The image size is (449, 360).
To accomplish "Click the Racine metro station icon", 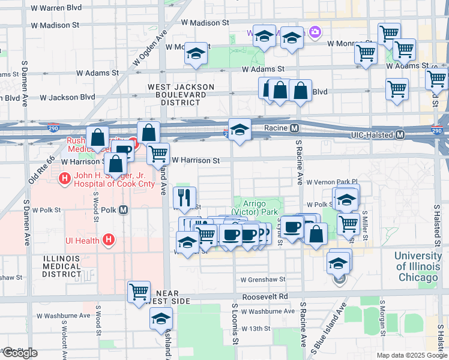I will [295, 128].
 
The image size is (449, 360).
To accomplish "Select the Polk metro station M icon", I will [124, 210].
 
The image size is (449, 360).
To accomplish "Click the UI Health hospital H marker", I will [109, 241].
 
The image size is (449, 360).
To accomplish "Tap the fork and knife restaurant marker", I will [185, 197].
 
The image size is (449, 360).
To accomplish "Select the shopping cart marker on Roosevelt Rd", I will [139, 292].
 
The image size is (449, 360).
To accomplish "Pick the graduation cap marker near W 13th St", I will [161, 319].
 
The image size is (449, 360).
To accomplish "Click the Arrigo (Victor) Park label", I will [260, 208].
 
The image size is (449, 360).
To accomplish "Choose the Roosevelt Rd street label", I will [265, 297].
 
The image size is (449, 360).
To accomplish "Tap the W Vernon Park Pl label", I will [331, 181].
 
